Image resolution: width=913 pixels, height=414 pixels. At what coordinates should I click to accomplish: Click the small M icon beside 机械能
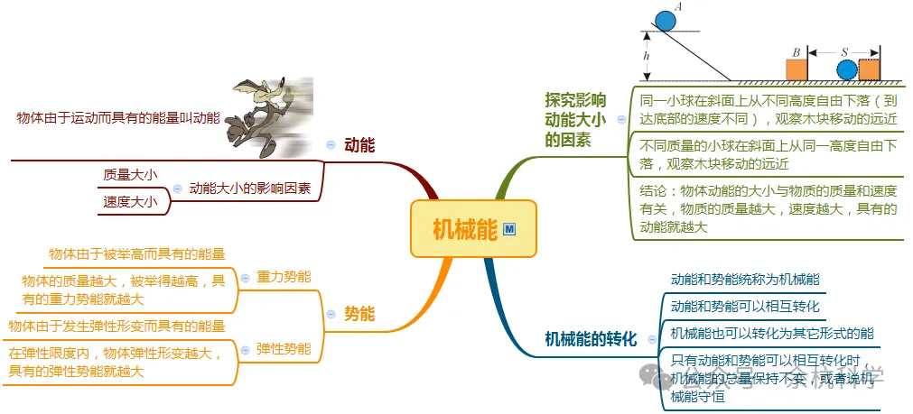pyautogui.click(x=509, y=230)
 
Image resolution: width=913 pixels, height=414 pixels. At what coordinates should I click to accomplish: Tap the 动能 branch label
pyautogui.click(x=359, y=144)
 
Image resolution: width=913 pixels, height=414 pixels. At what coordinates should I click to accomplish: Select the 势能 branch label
pyautogui.click(x=359, y=314)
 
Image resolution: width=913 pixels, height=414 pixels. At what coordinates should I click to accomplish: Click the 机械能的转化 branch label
pyautogui.click(x=591, y=338)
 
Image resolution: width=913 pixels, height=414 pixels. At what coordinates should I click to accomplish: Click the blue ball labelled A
pyautogui.click(x=666, y=19)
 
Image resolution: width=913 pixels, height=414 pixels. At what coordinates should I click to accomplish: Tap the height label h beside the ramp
pyautogui.click(x=647, y=56)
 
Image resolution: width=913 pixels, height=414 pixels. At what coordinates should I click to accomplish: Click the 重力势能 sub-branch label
pyautogui.click(x=283, y=276)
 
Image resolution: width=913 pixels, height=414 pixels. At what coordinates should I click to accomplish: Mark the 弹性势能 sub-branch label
pyautogui.click(x=283, y=348)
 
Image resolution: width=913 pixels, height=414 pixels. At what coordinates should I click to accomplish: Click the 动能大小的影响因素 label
pyautogui.click(x=250, y=189)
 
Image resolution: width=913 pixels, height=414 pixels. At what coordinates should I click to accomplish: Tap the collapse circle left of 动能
pyautogui.click(x=331, y=144)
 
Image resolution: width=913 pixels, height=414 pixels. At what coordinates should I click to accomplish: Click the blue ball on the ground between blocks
pyautogui.click(x=846, y=70)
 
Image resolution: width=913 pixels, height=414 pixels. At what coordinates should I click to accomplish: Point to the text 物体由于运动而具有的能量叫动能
pyautogui.click(x=118, y=117)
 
